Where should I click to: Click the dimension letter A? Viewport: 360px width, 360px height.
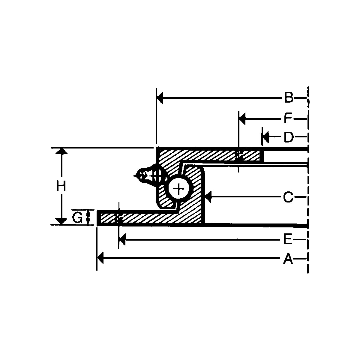tap(288, 259)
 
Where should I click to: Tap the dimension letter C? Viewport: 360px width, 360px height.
tap(288, 197)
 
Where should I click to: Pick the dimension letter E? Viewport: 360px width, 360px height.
tap(288, 240)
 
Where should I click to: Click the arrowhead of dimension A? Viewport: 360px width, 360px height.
tap(100, 258)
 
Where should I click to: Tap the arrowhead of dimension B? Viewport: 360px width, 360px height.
tap(160, 98)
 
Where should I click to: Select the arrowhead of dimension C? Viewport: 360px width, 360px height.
tap(208, 197)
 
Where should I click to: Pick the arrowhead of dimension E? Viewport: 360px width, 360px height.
tap(122, 240)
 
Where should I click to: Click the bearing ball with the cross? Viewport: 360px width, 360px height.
tap(179, 189)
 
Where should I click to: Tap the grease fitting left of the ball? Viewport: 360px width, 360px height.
tap(148, 174)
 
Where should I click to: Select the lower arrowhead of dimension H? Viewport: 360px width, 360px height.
tap(61, 221)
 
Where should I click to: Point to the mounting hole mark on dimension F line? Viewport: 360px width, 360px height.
tap(239, 156)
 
